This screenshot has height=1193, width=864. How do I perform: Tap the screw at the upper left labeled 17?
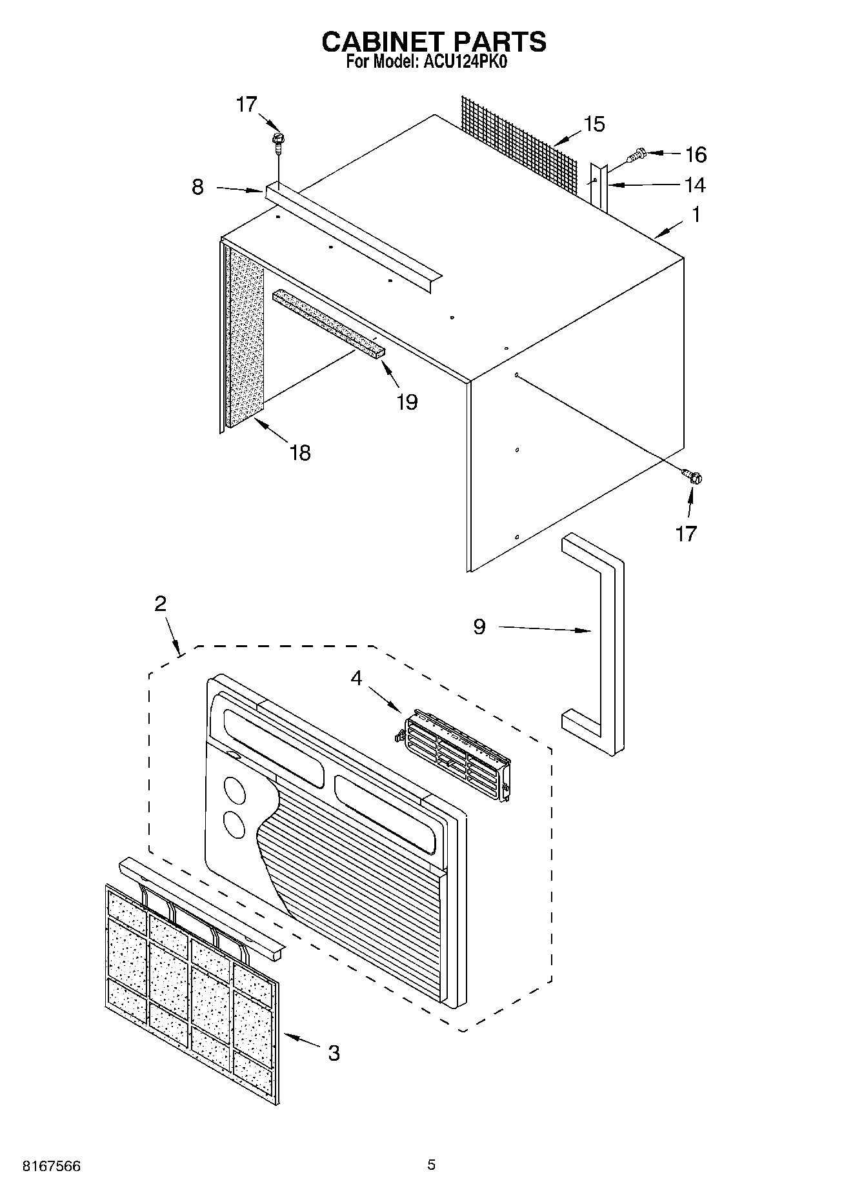[x=278, y=140]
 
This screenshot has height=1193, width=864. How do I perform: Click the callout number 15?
[x=594, y=124]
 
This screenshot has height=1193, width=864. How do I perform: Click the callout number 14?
[x=694, y=185]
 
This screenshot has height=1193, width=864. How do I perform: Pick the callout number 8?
[x=198, y=187]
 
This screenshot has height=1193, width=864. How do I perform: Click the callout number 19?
[x=407, y=402]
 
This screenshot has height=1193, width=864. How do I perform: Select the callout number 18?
[x=300, y=453]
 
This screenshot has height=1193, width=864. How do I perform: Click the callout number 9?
[x=479, y=627]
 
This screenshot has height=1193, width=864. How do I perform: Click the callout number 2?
[x=160, y=604]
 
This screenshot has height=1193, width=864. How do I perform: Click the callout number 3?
[x=333, y=1053]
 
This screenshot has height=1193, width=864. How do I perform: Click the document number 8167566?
[x=52, y=1167]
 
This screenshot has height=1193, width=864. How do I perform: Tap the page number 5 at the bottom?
[x=431, y=1165]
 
